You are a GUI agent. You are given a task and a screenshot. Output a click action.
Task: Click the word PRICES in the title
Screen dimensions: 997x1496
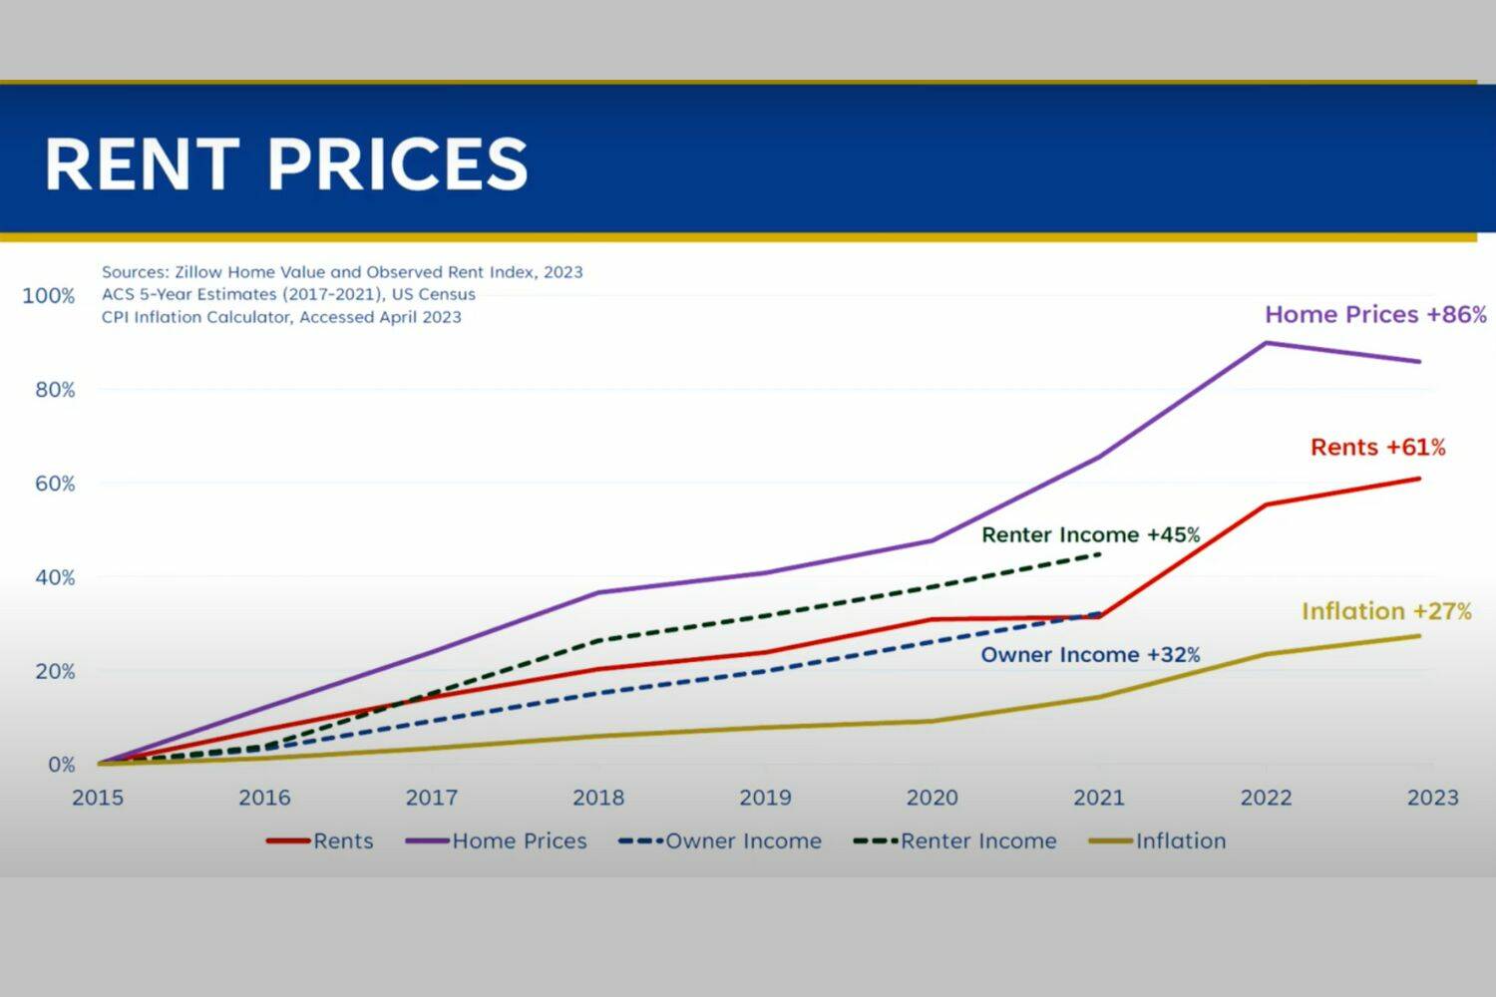(x=397, y=164)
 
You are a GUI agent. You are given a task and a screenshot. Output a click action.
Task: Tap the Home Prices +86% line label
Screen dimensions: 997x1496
(x=1375, y=315)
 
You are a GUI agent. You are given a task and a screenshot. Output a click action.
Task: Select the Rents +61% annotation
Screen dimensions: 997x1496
(x=1377, y=448)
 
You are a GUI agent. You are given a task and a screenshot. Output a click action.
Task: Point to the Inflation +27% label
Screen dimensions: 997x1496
(x=1386, y=611)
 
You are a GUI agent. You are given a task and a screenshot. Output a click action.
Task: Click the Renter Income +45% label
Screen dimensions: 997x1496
(x=1090, y=535)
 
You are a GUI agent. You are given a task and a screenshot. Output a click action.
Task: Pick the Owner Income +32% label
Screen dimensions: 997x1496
(x=1090, y=655)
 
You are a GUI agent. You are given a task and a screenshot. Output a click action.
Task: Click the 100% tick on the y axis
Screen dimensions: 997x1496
(x=48, y=296)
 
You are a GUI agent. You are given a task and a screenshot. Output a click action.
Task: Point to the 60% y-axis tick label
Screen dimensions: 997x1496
(x=55, y=484)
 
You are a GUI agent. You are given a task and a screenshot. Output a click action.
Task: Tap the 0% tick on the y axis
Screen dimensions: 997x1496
(x=61, y=765)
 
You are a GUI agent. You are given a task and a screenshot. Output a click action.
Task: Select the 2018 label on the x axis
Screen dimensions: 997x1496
(x=598, y=798)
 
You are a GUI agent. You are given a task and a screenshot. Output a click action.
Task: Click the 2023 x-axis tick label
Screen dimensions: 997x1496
(x=1432, y=798)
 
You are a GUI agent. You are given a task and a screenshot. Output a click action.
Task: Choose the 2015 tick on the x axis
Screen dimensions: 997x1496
(x=98, y=798)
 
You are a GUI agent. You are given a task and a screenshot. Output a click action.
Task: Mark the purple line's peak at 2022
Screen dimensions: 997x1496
(x=1266, y=343)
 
